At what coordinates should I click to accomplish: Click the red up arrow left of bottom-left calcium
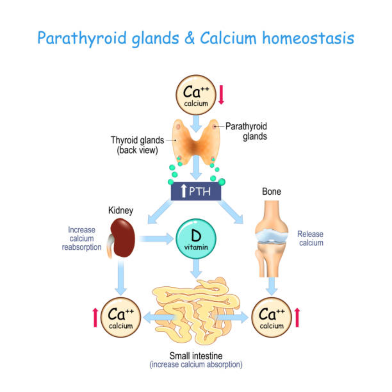click(95, 317)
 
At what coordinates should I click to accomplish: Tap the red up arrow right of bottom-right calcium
click(297, 317)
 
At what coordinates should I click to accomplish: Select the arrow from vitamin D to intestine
click(196, 269)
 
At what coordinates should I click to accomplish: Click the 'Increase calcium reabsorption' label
click(82, 239)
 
